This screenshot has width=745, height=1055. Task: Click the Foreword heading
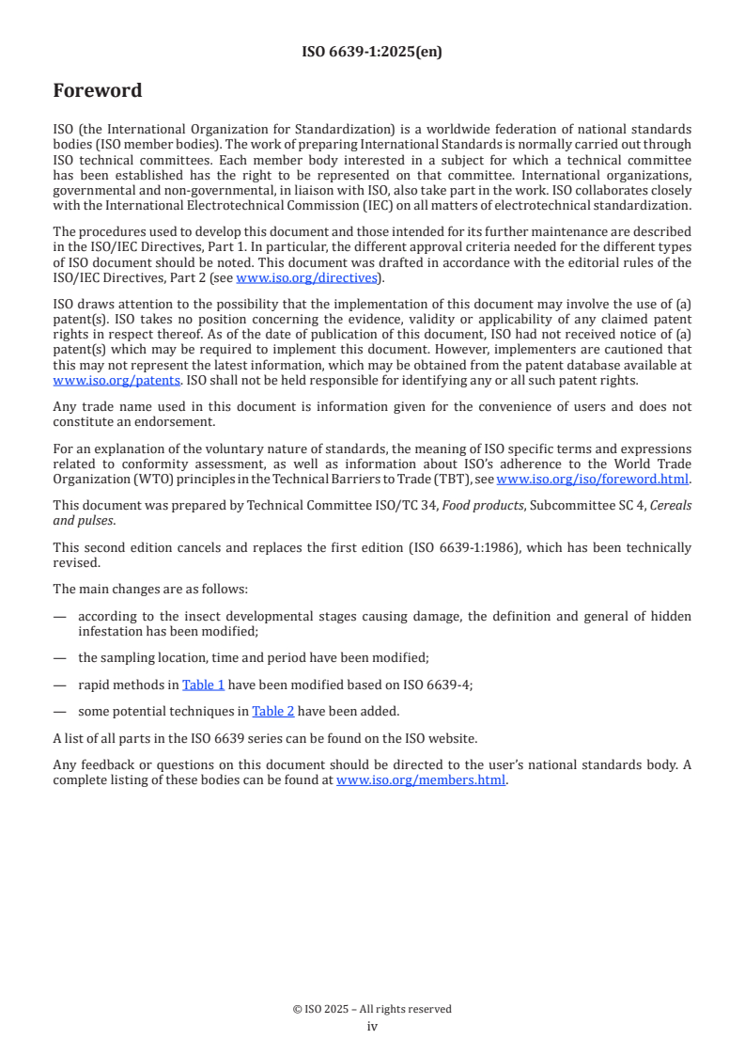[x=98, y=91]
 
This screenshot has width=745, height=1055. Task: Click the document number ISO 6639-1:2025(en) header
[x=372, y=52]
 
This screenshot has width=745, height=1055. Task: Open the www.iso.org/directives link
[x=306, y=277]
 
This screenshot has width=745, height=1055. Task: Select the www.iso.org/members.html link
[x=421, y=779]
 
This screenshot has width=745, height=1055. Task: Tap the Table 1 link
[x=203, y=685]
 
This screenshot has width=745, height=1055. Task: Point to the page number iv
[x=372, y=1026]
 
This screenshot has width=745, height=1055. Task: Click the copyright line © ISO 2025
[x=372, y=1009]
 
